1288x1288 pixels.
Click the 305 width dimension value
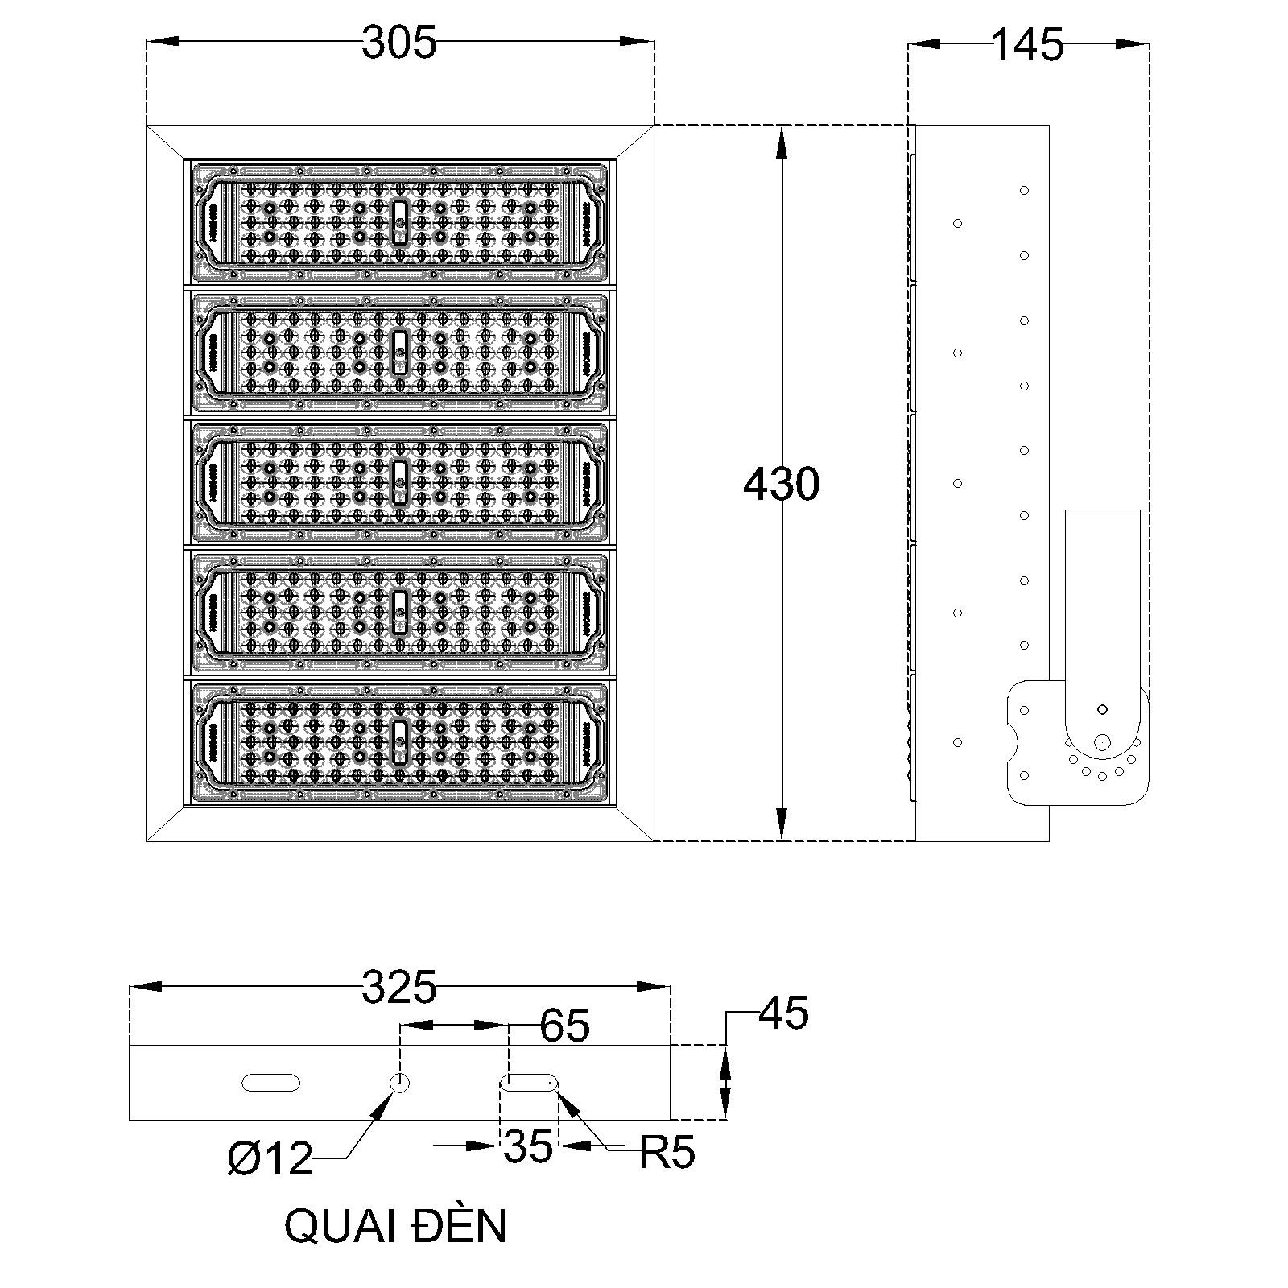[x=398, y=43]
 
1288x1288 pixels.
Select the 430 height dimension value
[x=781, y=485]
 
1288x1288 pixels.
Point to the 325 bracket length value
[x=398, y=988]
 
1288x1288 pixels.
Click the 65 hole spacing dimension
[x=564, y=1026]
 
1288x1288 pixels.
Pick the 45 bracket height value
[x=783, y=1013]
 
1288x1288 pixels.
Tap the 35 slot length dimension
[x=528, y=1146]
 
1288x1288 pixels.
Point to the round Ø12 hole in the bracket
[x=399, y=1083]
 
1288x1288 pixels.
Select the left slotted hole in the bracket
[x=270, y=1083]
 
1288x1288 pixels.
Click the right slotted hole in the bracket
[x=530, y=1083]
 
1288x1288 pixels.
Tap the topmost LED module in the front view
[x=399, y=221]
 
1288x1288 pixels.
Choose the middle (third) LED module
[x=399, y=481]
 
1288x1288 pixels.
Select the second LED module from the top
[x=399, y=352]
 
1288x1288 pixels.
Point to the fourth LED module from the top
[x=399, y=612]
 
